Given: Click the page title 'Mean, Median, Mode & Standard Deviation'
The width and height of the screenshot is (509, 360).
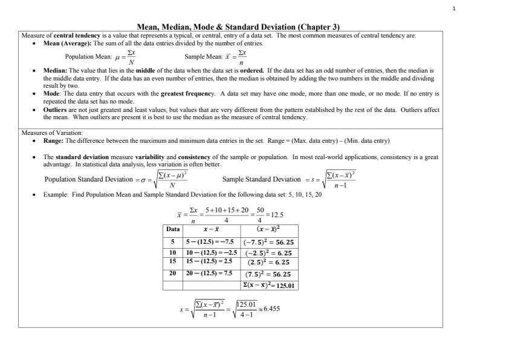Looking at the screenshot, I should (238, 27).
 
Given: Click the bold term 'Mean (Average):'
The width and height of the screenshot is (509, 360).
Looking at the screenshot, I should (66, 44).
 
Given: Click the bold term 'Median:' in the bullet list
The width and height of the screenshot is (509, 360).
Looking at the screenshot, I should (56, 71).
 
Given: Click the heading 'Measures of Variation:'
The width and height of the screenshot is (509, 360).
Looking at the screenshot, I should (52, 133).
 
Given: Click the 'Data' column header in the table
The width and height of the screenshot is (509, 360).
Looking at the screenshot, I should (173, 231).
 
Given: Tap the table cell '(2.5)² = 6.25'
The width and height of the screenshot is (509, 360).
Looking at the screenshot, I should (267, 263).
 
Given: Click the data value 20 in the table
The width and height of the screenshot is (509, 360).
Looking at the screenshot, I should (173, 273).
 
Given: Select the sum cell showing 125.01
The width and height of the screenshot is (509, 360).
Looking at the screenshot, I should (269, 285).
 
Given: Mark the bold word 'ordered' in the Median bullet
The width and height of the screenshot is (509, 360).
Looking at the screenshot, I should (251, 71).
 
